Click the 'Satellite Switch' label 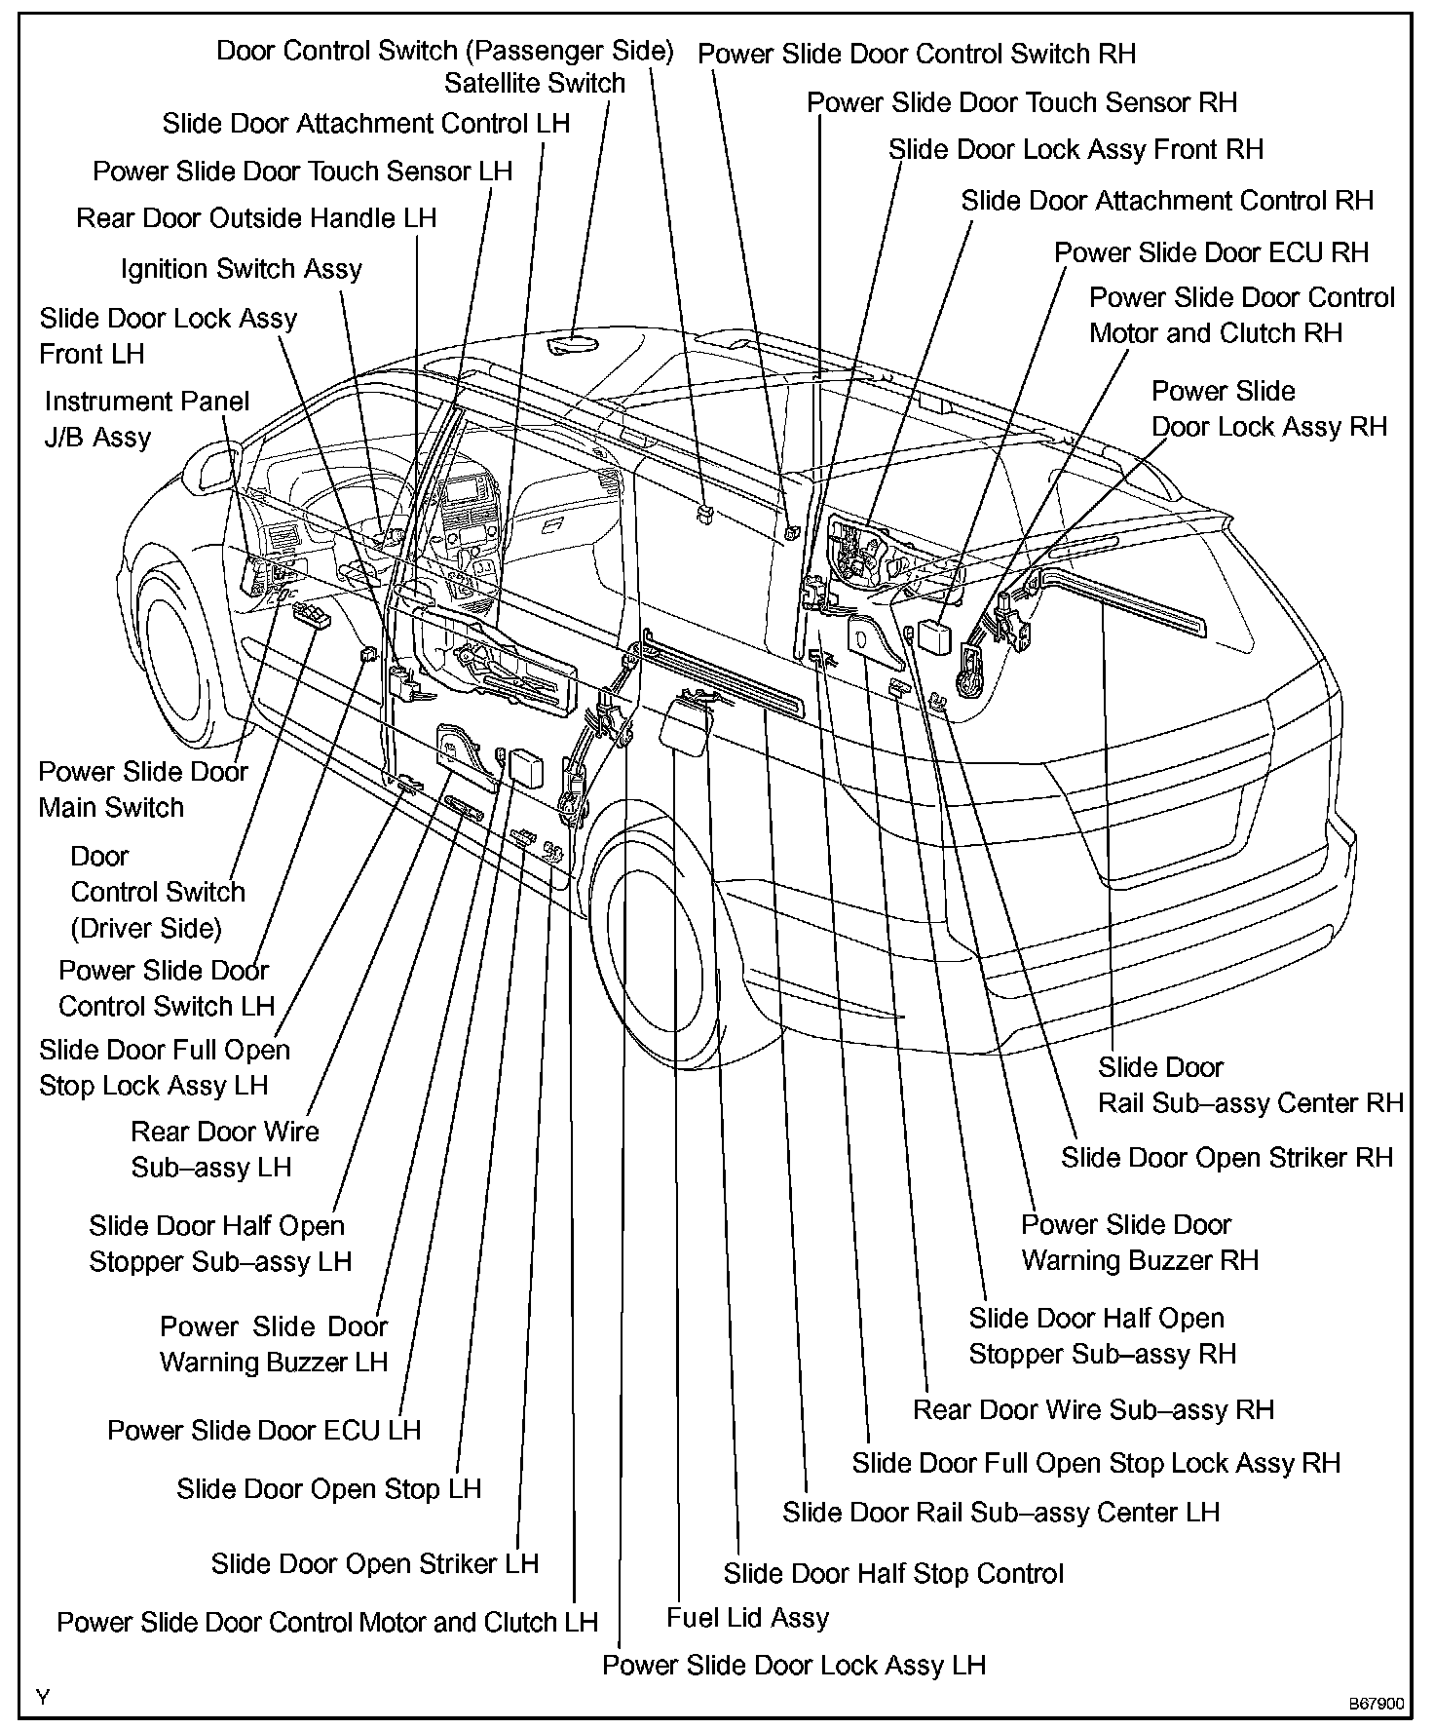pyautogui.click(x=534, y=83)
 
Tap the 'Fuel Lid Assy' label pyautogui.click(x=747, y=1618)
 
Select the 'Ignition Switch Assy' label pyautogui.click(x=241, y=268)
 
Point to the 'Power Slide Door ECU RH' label pyautogui.click(x=1211, y=252)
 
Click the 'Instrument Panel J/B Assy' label pyautogui.click(x=146, y=418)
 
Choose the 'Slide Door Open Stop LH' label pyautogui.click(x=328, y=1489)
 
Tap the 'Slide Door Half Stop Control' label pyautogui.click(x=893, y=1573)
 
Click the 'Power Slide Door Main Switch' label pyautogui.click(x=143, y=789)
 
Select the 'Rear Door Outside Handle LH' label pyautogui.click(x=256, y=217)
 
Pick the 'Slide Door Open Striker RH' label pyautogui.click(x=1226, y=1157)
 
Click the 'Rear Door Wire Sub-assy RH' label pyautogui.click(x=1093, y=1409)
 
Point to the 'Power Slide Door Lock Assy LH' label pyautogui.click(x=794, y=1665)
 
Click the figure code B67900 pyautogui.click(x=1376, y=1704)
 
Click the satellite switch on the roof pyautogui.click(x=575, y=344)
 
